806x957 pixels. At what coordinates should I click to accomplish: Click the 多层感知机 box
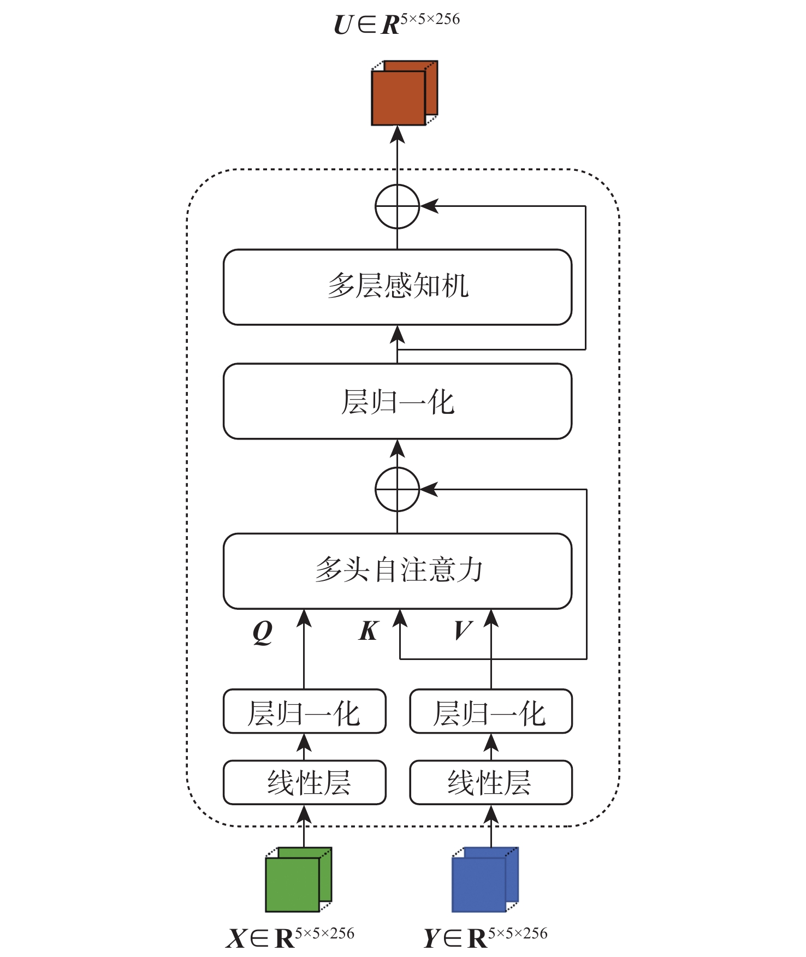point(397,287)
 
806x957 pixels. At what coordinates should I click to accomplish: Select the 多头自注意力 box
point(397,571)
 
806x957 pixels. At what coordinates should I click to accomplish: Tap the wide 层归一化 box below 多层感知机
point(397,401)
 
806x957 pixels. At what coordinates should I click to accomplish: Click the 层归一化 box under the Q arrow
point(304,711)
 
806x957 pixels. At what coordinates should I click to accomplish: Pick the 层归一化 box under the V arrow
point(490,711)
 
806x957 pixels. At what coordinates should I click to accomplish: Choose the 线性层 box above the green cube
point(304,782)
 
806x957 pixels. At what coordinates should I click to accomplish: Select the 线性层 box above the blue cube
point(490,782)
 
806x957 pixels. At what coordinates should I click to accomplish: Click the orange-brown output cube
point(403,94)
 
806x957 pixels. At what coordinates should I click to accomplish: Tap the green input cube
point(298,879)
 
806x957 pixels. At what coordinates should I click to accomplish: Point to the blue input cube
point(484,879)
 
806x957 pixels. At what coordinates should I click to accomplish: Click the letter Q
point(263,632)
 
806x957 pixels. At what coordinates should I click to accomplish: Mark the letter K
point(369,631)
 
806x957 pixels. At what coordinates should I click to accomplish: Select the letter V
point(463,631)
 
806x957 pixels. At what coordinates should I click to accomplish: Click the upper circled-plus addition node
point(397,206)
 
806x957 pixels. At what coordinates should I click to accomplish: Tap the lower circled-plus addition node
point(397,489)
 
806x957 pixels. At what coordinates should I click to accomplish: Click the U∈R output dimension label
point(397,23)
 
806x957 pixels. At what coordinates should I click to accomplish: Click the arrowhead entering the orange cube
point(397,134)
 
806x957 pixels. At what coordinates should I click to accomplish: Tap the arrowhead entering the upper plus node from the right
point(429,206)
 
